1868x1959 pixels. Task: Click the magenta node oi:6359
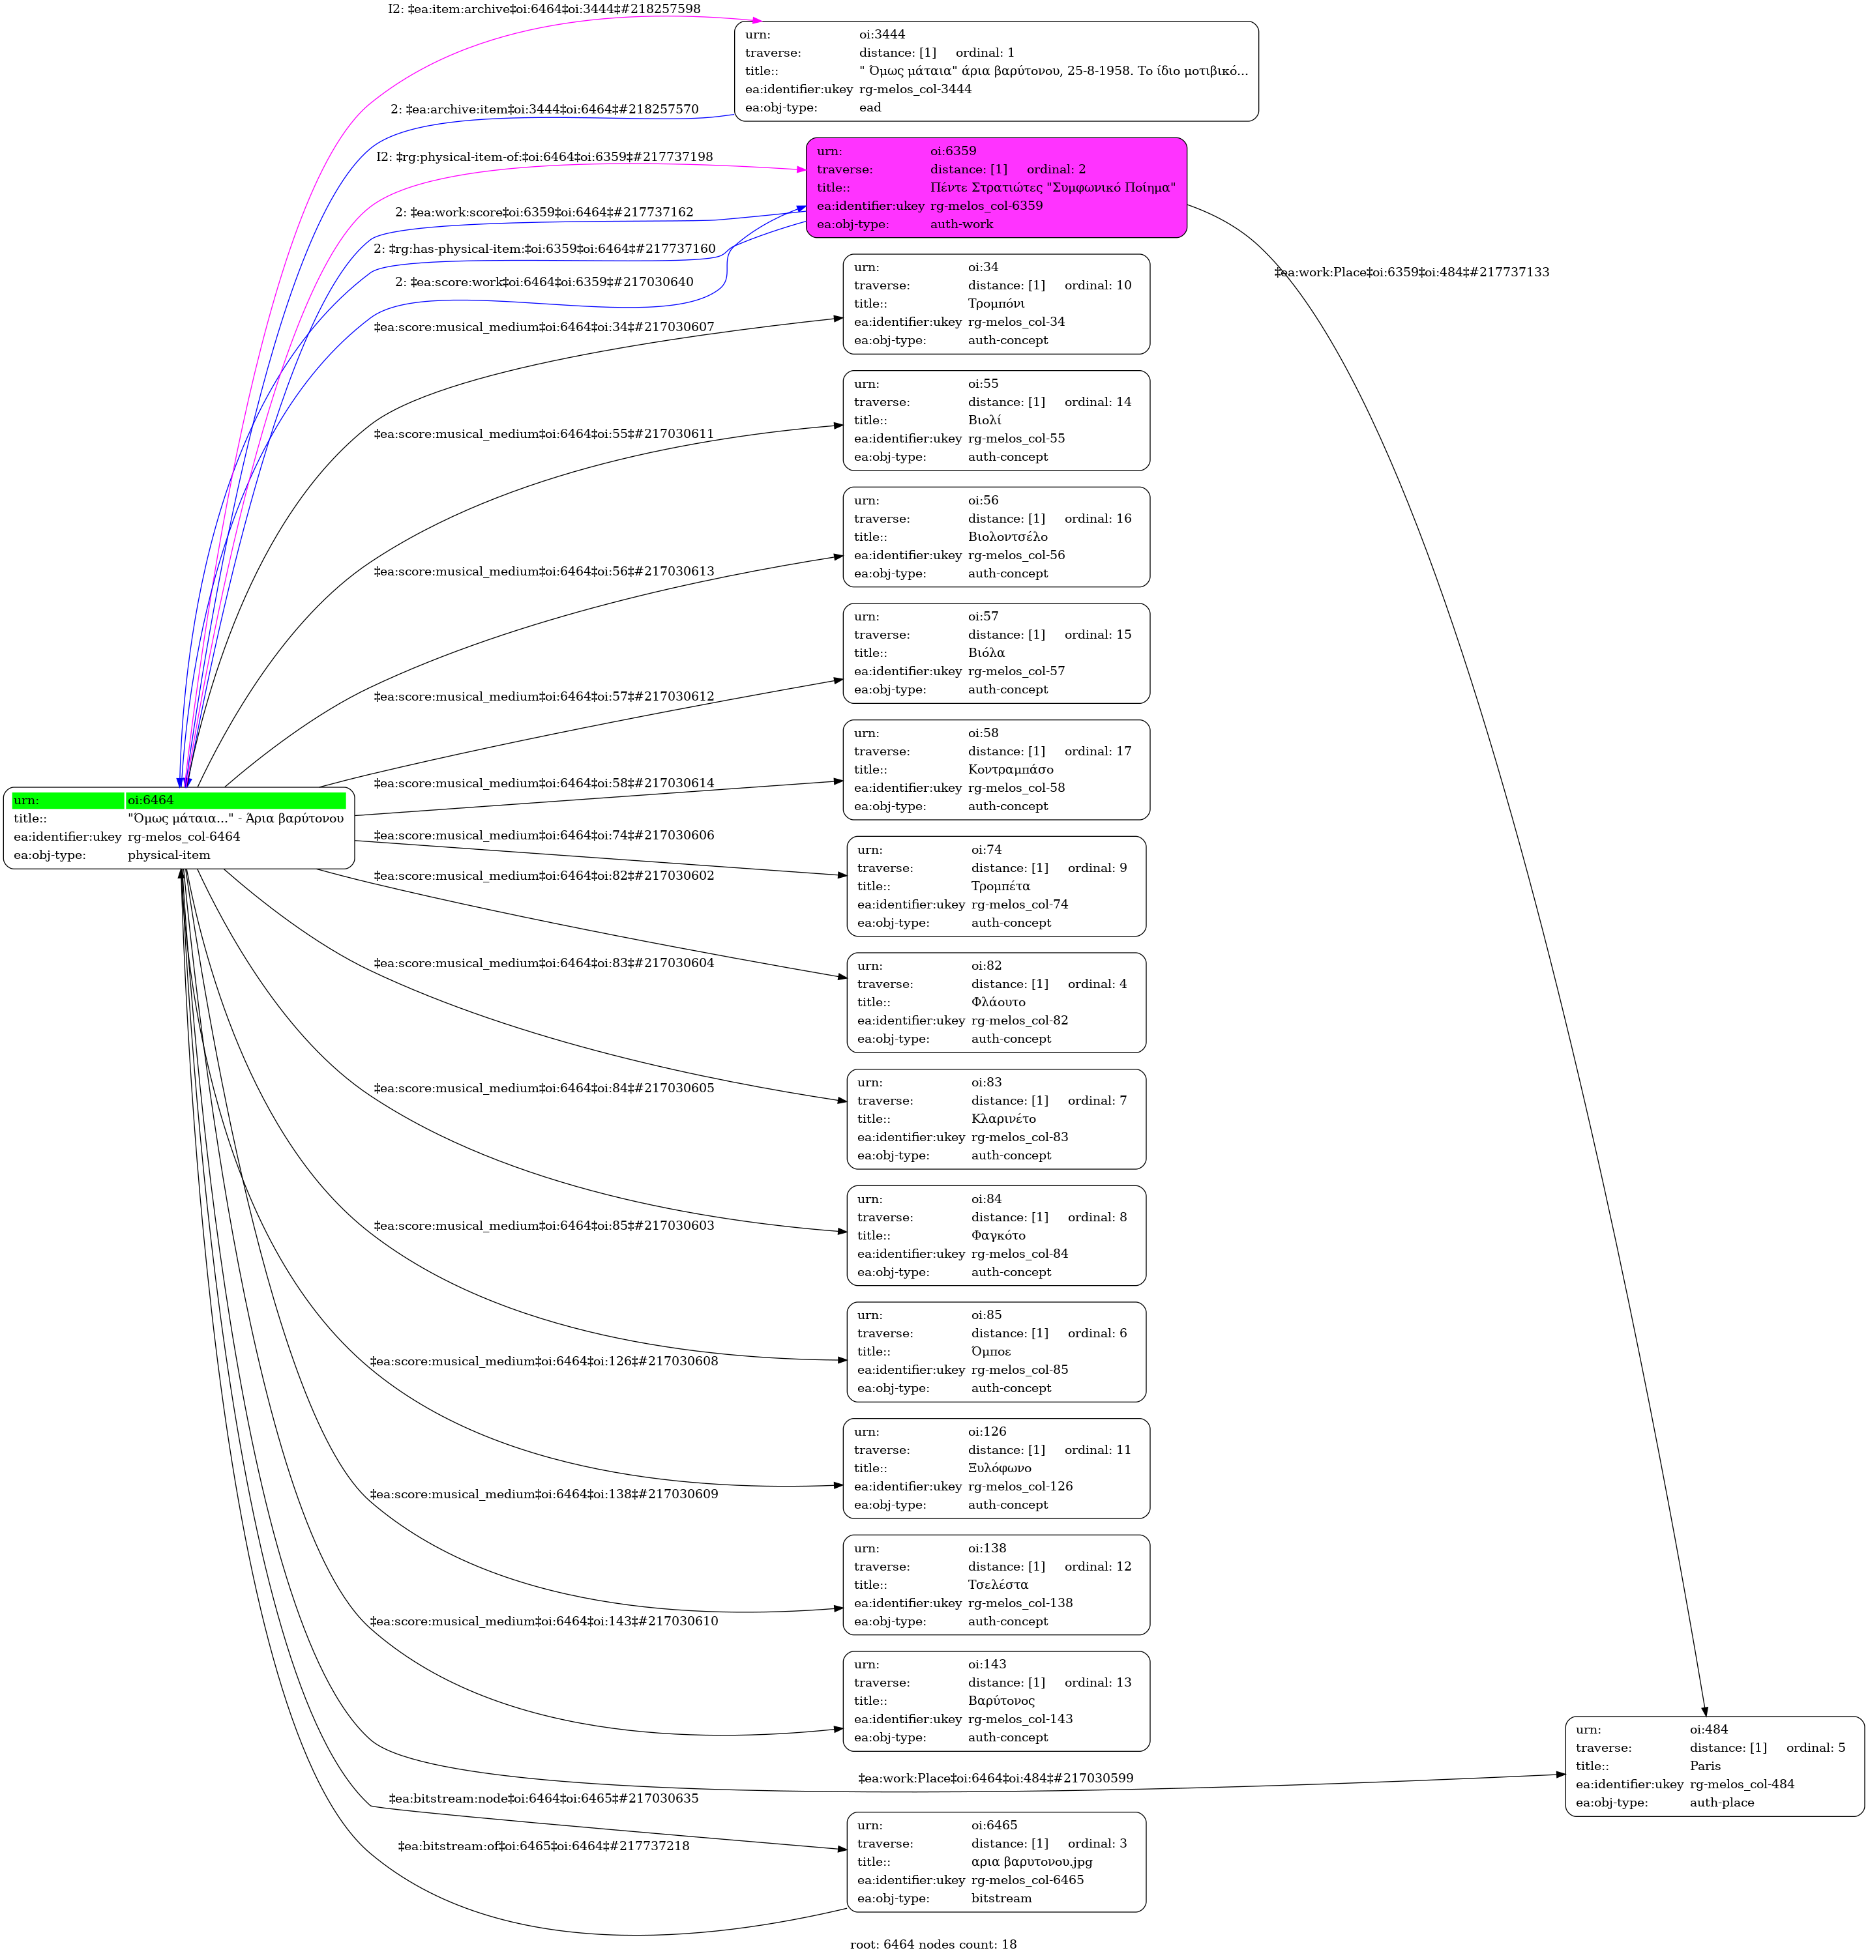coord(996,187)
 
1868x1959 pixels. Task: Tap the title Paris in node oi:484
coord(1705,1766)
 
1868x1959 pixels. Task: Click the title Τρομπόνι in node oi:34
coord(996,304)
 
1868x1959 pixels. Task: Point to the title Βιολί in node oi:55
coord(984,420)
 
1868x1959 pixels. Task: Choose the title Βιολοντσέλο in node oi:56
coord(1008,536)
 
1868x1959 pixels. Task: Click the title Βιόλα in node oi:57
coord(986,653)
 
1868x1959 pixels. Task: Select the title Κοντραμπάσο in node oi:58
coord(1011,770)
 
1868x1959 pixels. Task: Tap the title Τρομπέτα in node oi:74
coord(1001,886)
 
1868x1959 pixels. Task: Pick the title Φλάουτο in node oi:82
coord(998,1002)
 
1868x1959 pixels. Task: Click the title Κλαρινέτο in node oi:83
coord(1003,1119)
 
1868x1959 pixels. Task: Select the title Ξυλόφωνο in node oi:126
coord(1000,1468)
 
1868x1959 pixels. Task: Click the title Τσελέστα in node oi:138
coord(998,1585)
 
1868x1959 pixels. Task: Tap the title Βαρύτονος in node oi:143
coord(1001,1701)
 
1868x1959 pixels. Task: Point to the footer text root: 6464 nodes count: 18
coord(933,1944)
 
